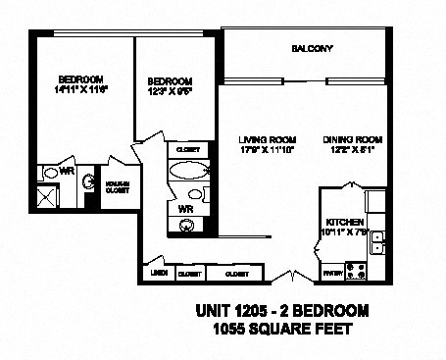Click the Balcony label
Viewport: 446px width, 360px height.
(x=313, y=49)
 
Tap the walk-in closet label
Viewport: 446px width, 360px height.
(x=118, y=187)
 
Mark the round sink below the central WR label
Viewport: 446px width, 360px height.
(x=186, y=225)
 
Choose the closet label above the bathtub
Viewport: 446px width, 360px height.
(x=185, y=149)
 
